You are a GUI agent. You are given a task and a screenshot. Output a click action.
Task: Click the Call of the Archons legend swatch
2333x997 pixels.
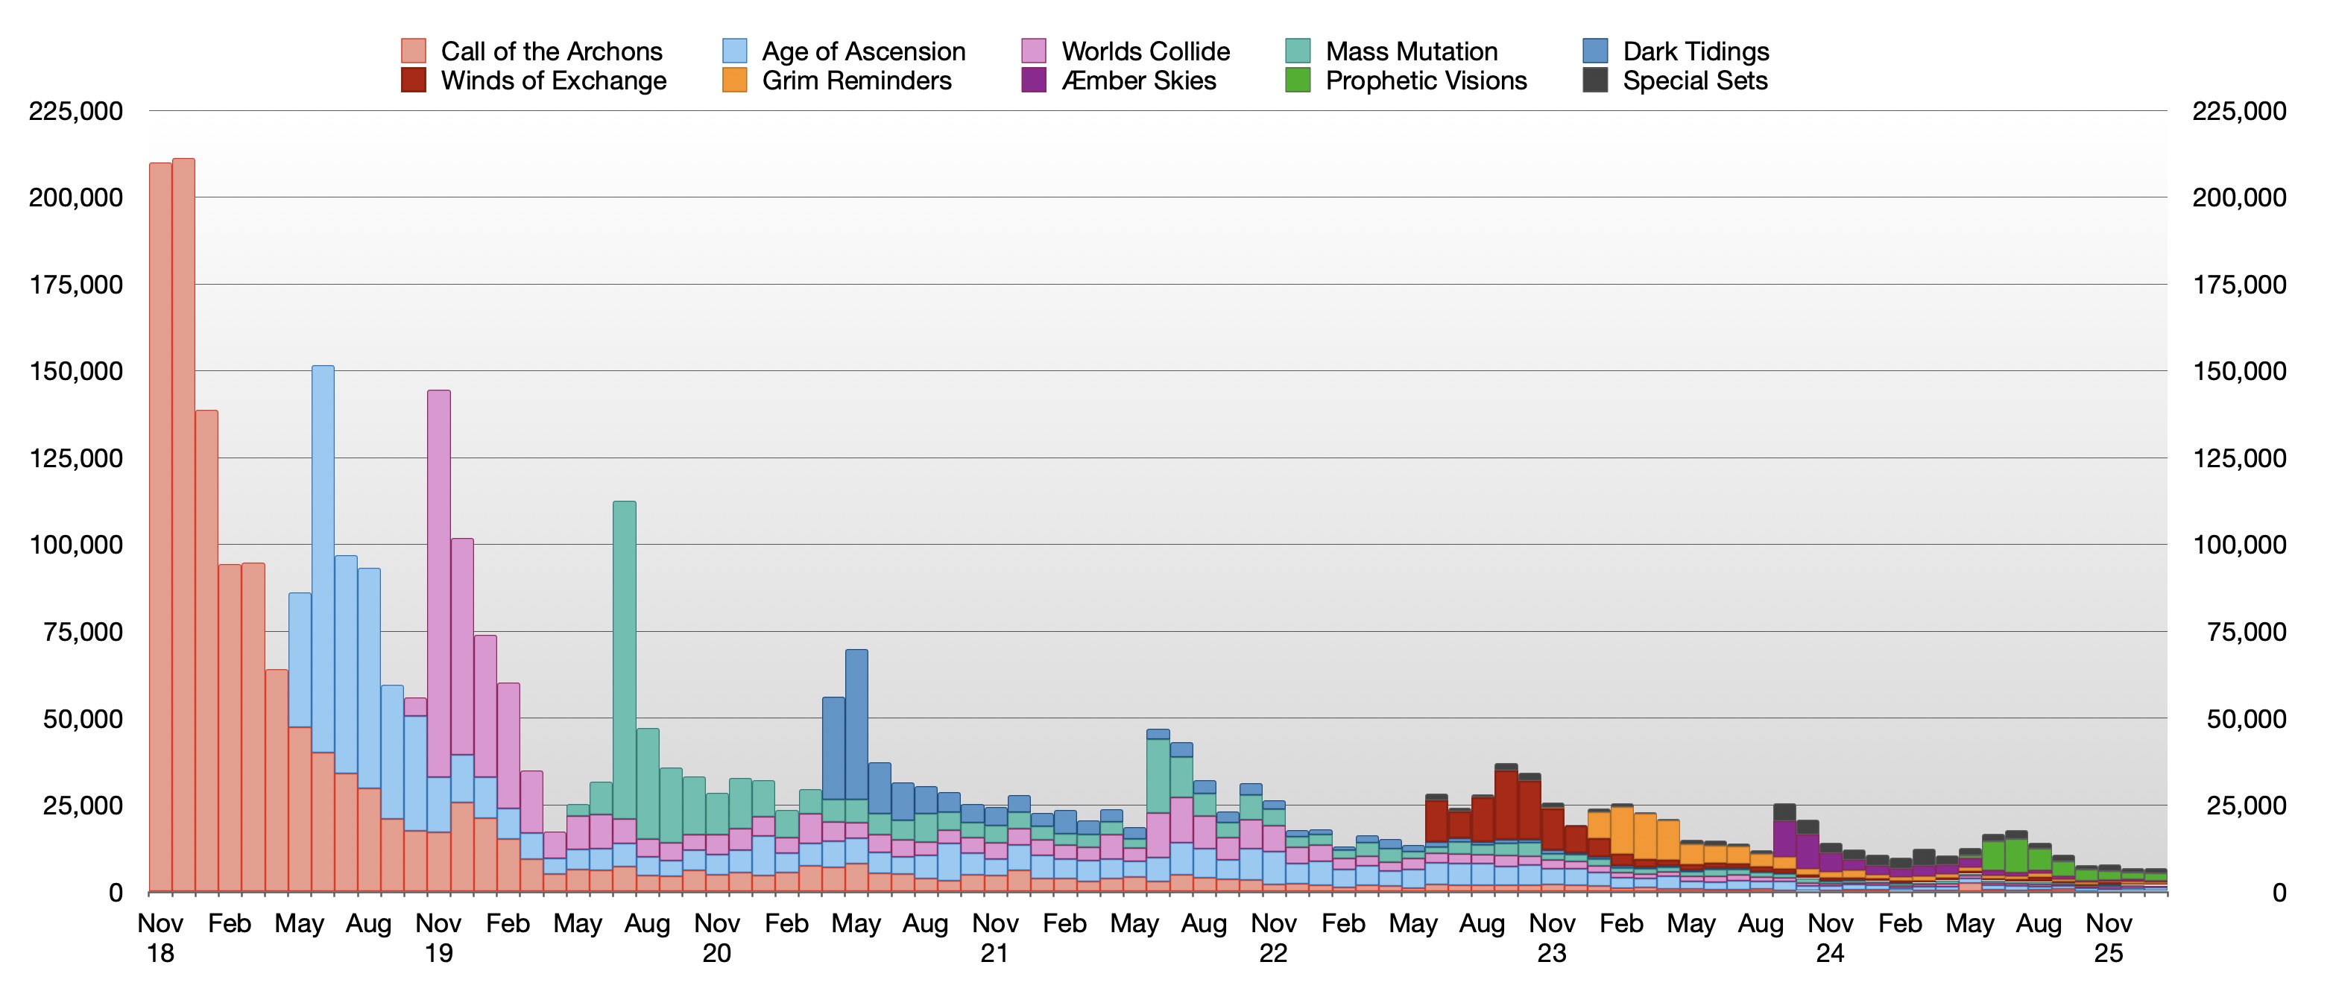coord(413,51)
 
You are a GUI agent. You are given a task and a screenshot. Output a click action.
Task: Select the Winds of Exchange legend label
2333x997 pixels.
coord(552,80)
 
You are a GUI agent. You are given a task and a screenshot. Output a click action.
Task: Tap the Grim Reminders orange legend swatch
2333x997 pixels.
coord(734,80)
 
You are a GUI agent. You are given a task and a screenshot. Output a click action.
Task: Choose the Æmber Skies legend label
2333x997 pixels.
coord(1138,80)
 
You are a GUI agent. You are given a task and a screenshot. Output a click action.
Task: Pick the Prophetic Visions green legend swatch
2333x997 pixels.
coord(1298,80)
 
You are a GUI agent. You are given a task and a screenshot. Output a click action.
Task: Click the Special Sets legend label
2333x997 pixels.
coord(1694,80)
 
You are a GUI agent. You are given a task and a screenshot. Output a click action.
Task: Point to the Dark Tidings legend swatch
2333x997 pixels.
coord(1595,51)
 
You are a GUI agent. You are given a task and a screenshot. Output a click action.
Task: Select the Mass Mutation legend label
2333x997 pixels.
coord(1411,51)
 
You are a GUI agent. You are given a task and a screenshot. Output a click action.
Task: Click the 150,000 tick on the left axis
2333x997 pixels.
coord(76,371)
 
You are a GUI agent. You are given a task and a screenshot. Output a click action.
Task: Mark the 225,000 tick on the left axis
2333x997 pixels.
coord(76,111)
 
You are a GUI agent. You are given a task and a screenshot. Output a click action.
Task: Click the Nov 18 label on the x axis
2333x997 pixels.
coord(160,938)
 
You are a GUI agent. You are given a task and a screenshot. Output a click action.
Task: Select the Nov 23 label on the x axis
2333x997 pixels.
coord(1551,938)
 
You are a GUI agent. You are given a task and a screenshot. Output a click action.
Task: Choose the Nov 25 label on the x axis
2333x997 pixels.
coord(2109,938)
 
